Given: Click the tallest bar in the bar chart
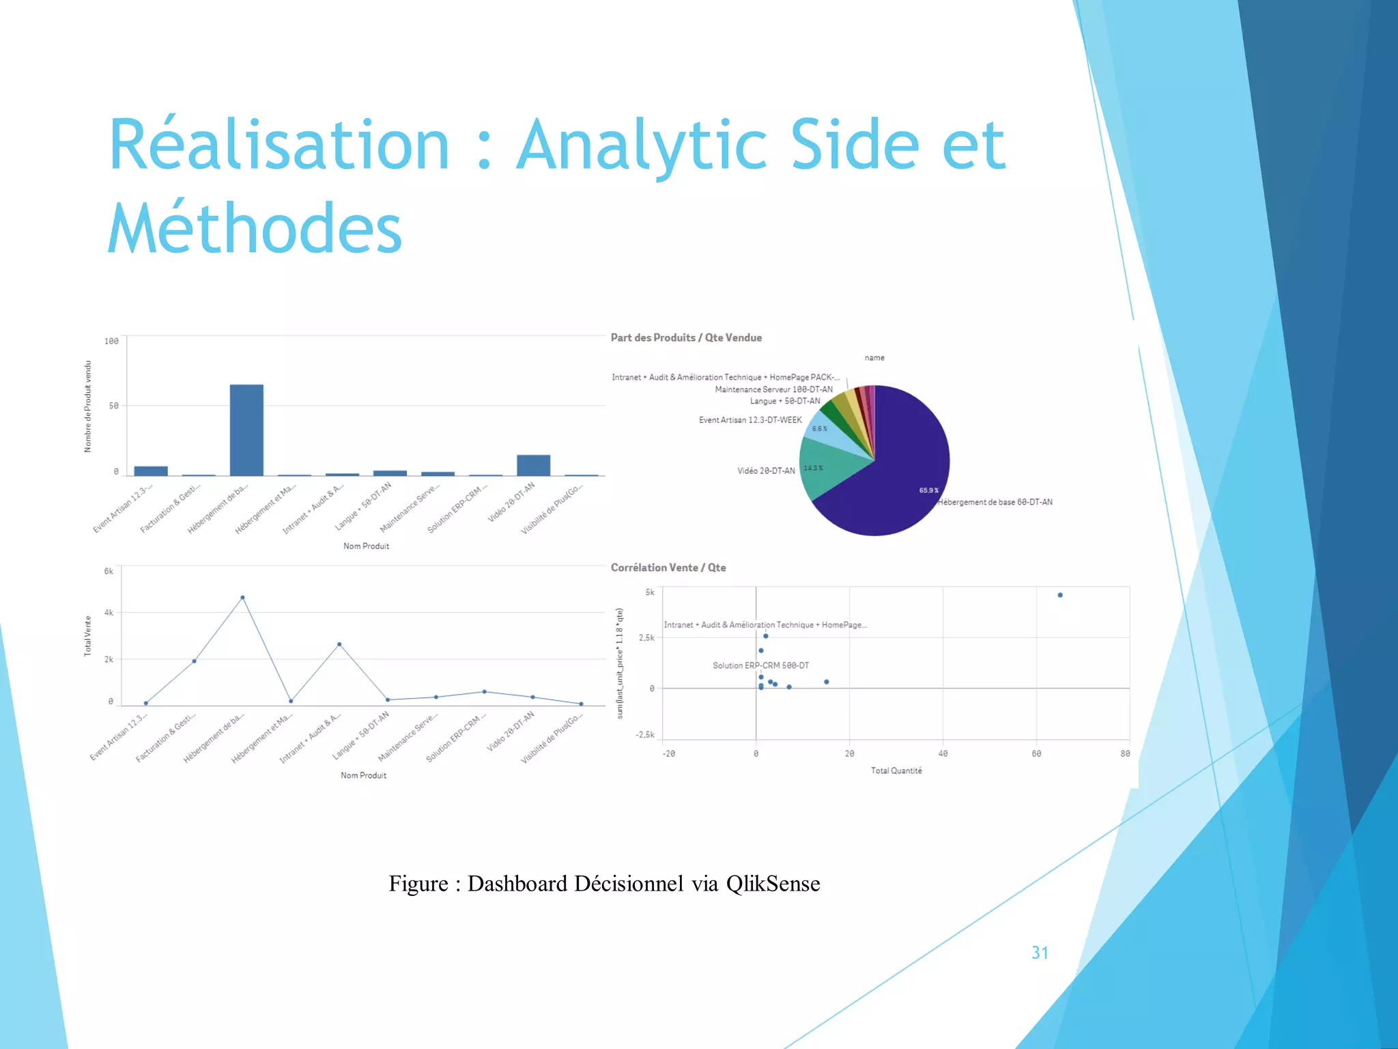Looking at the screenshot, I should (x=246, y=430).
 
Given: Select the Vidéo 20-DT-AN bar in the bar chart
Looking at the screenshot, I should (x=533, y=465).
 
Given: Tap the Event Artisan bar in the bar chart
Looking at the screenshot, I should (x=151, y=471).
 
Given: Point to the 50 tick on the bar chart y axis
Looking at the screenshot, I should (x=113, y=406).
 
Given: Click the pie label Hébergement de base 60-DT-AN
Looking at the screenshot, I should (x=995, y=502).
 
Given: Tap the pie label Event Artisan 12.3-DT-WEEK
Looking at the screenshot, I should (x=750, y=420).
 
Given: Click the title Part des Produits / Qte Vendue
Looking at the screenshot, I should (x=686, y=337).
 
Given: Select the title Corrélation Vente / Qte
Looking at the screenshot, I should (x=668, y=568).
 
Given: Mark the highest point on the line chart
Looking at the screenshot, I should (x=242, y=598).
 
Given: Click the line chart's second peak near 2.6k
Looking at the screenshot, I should (x=339, y=644).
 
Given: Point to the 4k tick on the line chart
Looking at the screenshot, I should (x=109, y=613).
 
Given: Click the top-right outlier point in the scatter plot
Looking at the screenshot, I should (x=1060, y=595).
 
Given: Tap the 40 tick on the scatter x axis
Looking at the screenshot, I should (x=943, y=753).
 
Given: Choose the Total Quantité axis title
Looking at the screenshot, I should (x=896, y=770).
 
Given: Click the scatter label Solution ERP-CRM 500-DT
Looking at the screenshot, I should (x=760, y=665).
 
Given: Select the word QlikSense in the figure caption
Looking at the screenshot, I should (x=773, y=884).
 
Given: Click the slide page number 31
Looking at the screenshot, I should (x=1040, y=953).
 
